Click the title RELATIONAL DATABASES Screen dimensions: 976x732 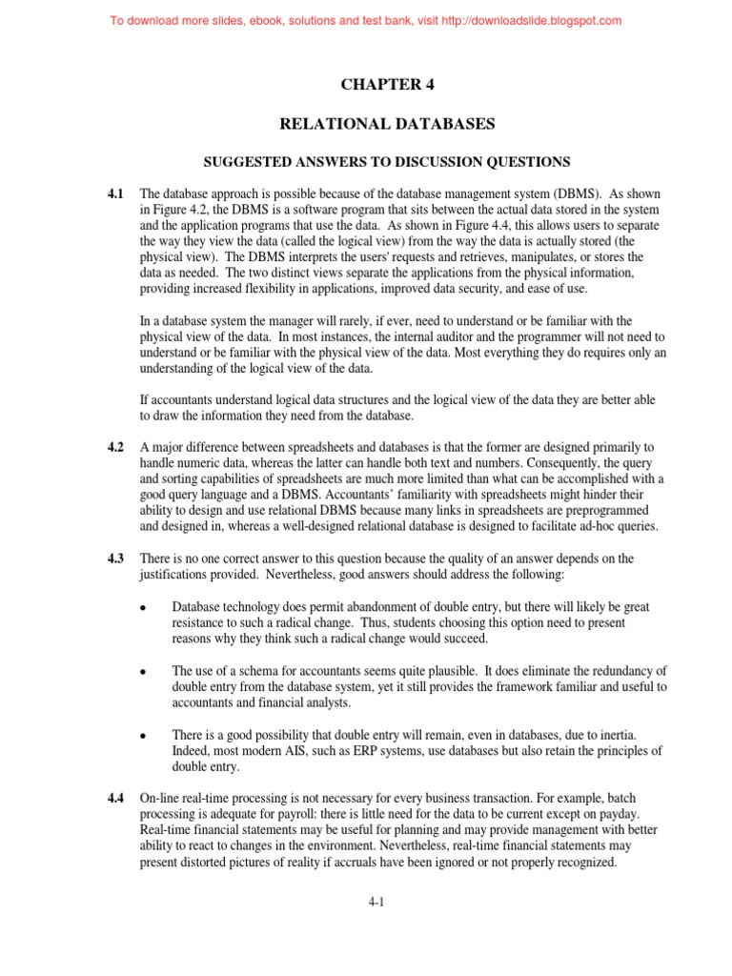coord(387,124)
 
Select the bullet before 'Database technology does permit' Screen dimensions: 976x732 coord(142,607)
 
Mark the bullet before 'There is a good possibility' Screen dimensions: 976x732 coord(142,737)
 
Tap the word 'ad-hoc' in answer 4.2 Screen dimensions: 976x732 coord(591,525)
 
